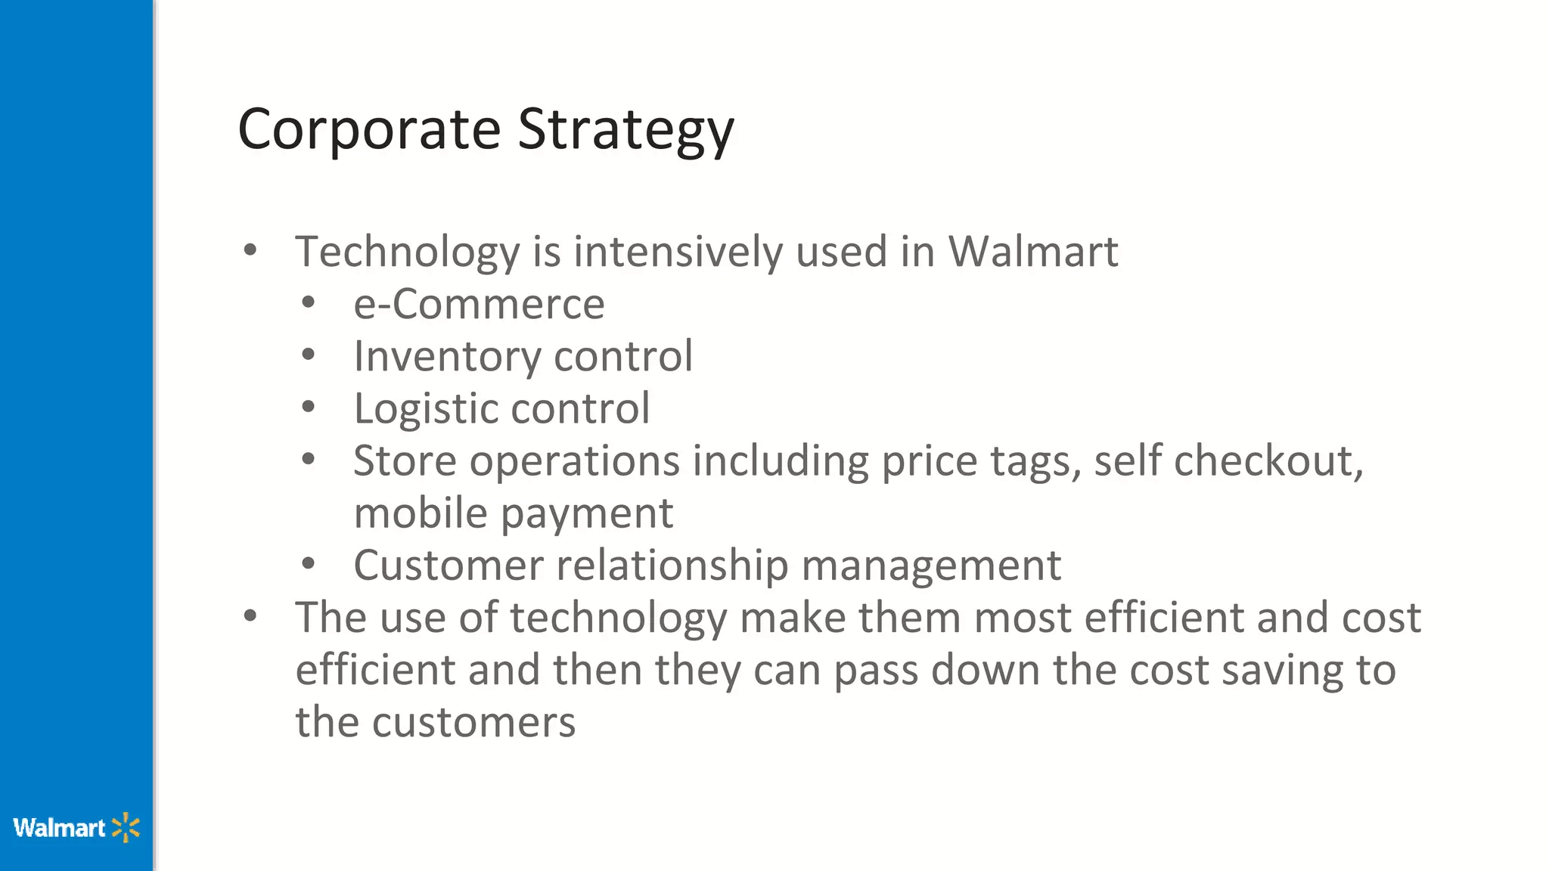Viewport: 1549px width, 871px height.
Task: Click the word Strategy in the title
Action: pos(625,130)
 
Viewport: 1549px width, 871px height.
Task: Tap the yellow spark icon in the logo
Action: pos(126,828)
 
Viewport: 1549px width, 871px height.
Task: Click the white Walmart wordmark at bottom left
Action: pos(59,828)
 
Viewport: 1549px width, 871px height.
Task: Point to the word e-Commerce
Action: pos(479,304)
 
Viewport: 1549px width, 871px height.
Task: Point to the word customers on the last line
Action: pos(473,722)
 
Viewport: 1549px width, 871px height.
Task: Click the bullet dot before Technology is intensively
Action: pos(250,250)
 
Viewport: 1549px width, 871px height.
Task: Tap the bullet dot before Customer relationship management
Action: pos(308,563)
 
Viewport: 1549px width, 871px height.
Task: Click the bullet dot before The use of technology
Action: pos(250,615)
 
